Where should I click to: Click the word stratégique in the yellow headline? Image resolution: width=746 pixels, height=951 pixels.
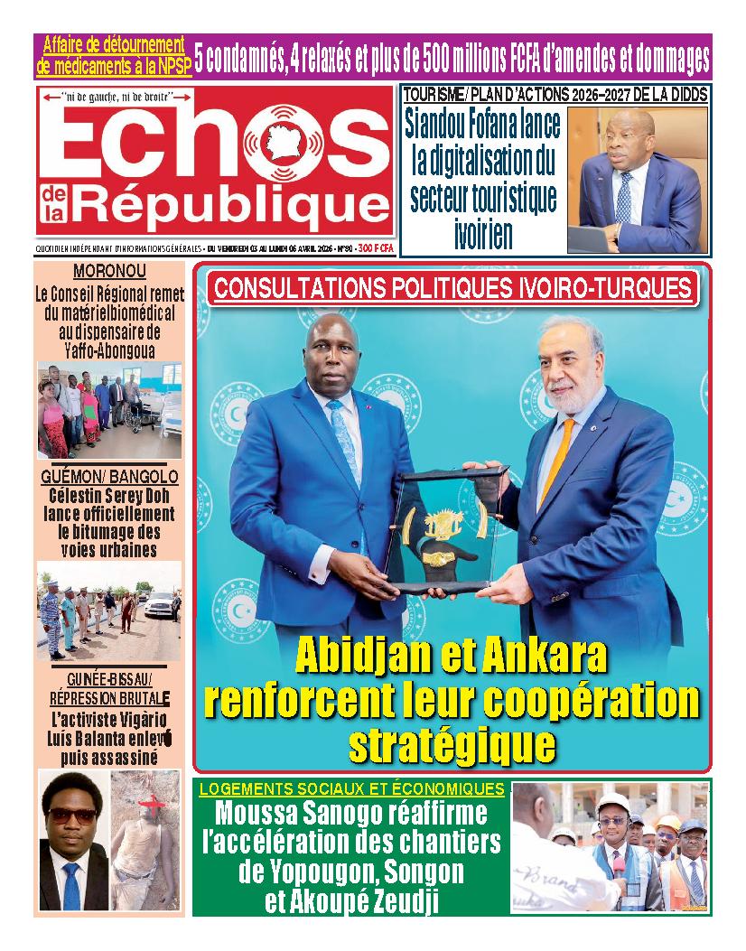(452, 745)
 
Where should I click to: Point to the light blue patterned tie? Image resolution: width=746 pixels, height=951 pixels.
(345, 443)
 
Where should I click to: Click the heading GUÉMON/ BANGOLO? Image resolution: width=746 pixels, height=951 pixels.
(109, 477)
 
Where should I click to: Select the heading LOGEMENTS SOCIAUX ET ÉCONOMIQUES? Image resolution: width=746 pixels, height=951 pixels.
(351, 788)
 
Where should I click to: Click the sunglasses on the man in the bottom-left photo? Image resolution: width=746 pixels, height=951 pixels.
(72, 815)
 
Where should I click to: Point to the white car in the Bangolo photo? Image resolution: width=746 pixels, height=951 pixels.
(158, 604)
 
